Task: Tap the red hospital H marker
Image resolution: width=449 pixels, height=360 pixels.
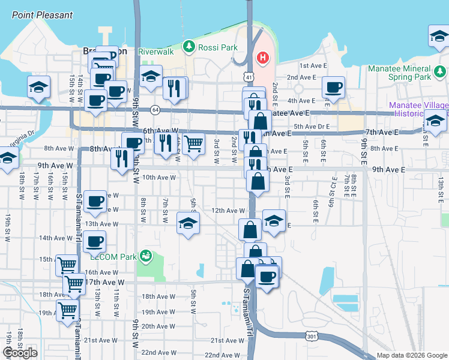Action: coord(262,58)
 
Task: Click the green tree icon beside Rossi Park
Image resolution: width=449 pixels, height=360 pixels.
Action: coord(189,46)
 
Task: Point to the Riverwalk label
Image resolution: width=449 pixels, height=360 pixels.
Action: coord(155,52)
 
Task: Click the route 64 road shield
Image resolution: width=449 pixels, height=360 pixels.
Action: coord(155,110)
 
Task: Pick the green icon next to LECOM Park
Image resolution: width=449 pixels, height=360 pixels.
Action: coord(145,257)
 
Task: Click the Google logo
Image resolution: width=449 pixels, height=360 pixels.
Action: coord(20,353)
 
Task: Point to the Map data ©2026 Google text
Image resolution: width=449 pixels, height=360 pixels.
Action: coord(411,355)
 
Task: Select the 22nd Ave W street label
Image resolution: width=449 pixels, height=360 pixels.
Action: coord(158,353)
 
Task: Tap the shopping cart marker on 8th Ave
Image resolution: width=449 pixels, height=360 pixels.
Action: coord(193,144)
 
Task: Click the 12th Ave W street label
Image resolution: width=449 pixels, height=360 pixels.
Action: coord(228,211)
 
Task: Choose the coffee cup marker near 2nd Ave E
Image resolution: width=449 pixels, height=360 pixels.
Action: coord(333,88)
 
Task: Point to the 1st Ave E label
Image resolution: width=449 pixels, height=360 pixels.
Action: coord(312,65)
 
